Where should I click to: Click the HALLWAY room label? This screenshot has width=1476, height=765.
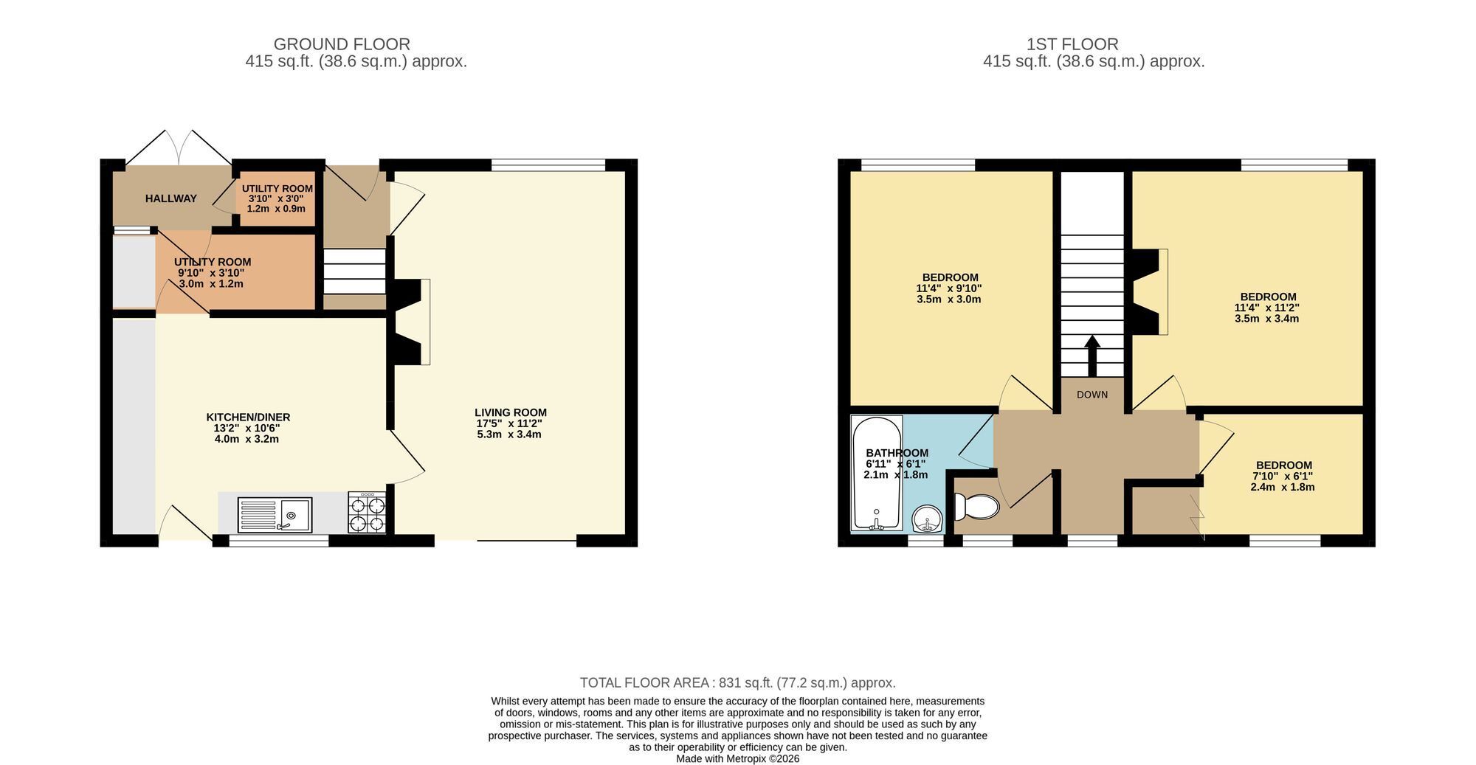click(x=171, y=198)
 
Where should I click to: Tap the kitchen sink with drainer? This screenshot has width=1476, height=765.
click(x=275, y=514)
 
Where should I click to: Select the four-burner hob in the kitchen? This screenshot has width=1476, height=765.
click(x=367, y=513)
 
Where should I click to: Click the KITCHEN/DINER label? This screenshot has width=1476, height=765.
click(x=248, y=418)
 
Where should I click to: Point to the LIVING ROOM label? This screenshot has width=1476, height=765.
click(x=511, y=413)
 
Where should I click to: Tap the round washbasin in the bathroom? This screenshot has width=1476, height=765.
click(x=928, y=519)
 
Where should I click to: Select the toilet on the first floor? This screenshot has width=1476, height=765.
click(x=976, y=507)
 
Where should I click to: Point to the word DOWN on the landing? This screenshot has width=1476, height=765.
click(x=1092, y=395)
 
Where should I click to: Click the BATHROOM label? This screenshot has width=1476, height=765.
click(x=897, y=453)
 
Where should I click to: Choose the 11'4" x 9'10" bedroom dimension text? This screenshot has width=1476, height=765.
click(x=949, y=288)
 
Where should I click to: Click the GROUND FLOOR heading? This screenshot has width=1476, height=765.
click(x=342, y=44)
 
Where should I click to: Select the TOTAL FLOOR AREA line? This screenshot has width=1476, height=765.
click(x=738, y=683)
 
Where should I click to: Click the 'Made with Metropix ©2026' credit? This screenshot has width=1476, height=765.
click(x=738, y=758)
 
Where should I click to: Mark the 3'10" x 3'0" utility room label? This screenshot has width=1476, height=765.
click(x=277, y=199)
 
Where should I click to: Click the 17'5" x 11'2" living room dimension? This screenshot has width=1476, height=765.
click(x=509, y=423)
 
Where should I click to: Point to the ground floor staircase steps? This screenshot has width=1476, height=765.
click(x=354, y=271)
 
